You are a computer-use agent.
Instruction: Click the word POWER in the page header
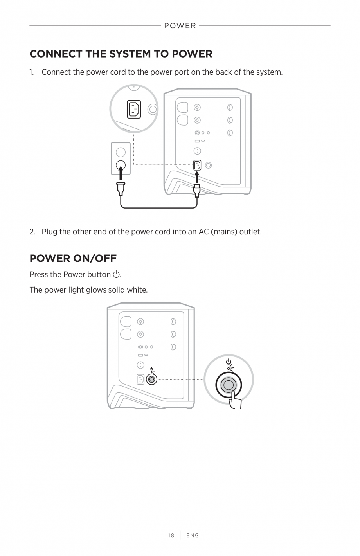[180, 26]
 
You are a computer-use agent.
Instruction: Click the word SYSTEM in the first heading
[130, 54]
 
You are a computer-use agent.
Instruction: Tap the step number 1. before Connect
[32, 72]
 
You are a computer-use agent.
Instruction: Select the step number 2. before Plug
[32, 232]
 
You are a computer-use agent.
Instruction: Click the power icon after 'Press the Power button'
[116, 275]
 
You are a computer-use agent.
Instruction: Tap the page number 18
[171, 535]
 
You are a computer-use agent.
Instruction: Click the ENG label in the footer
[193, 535]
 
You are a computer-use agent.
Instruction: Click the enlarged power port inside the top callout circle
[134, 109]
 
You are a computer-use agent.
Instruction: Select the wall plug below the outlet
[121, 189]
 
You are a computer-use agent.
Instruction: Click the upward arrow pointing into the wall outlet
[121, 173]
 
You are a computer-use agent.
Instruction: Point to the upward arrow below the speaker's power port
[197, 177]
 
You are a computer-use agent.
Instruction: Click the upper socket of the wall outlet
[121, 152]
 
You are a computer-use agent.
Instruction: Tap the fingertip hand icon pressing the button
[235, 400]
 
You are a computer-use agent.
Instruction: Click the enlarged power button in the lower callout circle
[229, 385]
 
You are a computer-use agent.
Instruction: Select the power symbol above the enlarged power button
[229, 362]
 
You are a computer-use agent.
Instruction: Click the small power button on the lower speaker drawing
[151, 380]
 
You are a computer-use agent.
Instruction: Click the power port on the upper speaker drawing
[197, 165]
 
